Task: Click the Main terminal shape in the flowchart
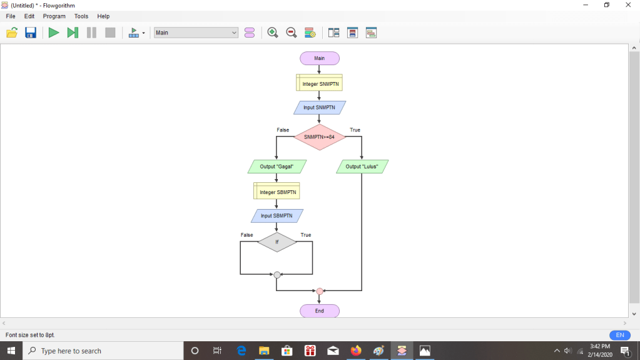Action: (319, 58)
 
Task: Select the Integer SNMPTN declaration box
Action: (319, 83)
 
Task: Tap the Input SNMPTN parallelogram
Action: (319, 108)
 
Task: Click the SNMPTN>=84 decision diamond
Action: (319, 136)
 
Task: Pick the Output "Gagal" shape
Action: (277, 167)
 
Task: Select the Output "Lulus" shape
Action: (362, 167)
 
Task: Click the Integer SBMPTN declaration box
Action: (277, 192)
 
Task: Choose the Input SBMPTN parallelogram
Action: (277, 216)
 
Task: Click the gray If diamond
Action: (277, 242)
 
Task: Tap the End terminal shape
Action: (319, 311)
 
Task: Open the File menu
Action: (11, 16)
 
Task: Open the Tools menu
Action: (81, 16)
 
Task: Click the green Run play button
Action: (54, 33)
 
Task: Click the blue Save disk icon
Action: (31, 33)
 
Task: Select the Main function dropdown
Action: (196, 33)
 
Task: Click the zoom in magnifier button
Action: (272, 33)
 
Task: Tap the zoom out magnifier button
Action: (291, 33)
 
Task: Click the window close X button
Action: (628, 5)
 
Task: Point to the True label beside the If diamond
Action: (305, 235)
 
